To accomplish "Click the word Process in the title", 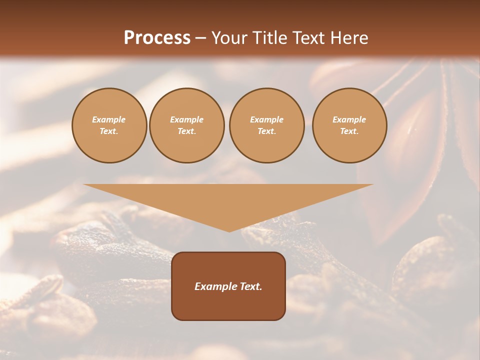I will point(157,38).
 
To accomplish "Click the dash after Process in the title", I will point(200,39).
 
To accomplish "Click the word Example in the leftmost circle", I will point(109,119).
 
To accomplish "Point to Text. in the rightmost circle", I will point(349,131).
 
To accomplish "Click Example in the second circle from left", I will point(186,119).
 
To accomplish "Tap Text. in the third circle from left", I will point(266,131).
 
